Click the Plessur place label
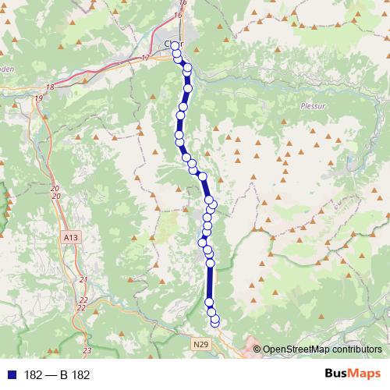tap(311, 104)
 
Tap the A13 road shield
tap(72, 233)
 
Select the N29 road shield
tap(200, 343)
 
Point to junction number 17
tap(145, 58)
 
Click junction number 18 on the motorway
tap(50, 87)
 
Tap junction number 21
tap(83, 279)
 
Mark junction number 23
tap(86, 350)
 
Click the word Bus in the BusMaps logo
tap(338, 374)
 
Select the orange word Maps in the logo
tap(366, 374)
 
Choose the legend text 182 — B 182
tap(58, 374)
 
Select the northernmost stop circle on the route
tap(175, 45)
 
